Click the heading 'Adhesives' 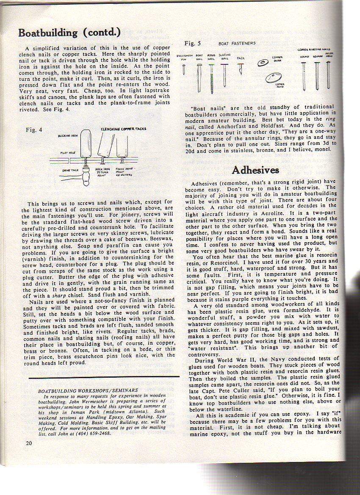tap(255, 170)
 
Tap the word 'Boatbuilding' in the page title tap(48, 33)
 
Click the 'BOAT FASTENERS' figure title tap(237, 43)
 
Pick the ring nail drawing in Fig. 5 tap(211, 76)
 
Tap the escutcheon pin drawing tap(184, 69)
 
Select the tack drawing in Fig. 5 tap(240, 68)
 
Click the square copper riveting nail tap(317, 76)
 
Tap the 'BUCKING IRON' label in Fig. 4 tap(68, 136)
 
